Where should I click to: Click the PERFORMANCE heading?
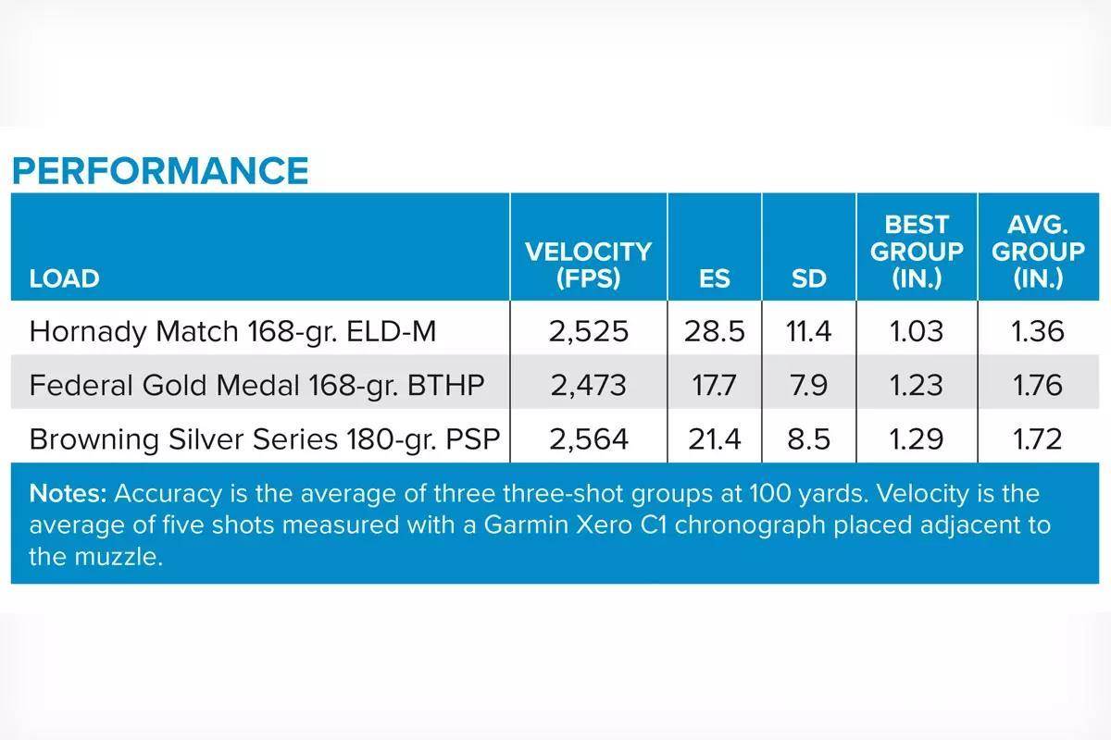pyautogui.click(x=159, y=171)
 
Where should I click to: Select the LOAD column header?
pyautogui.click(x=64, y=278)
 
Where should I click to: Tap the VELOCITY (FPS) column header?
pyautogui.click(x=588, y=265)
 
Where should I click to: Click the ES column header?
pyautogui.click(x=715, y=278)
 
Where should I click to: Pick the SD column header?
pyautogui.click(x=809, y=278)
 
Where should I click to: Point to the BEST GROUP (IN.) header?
pyautogui.click(x=917, y=252)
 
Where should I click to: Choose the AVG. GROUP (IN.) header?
pyautogui.click(x=1038, y=252)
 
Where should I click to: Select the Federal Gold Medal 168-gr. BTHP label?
pyautogui.click(x=256, y=385)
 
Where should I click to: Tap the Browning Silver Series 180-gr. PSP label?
pyautogui.click(x=265, y=438)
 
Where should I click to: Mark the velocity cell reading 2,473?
pyautogui.click(x=588, y=385)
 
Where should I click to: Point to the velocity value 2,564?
pyautogui.click(x=588, y=438)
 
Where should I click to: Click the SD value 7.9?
pyautogui.click(x=809, y=385)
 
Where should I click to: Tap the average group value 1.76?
pyautogui.click(x=1038, y=385)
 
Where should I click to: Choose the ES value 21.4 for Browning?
pyautogui.click(x=715, y=438)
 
